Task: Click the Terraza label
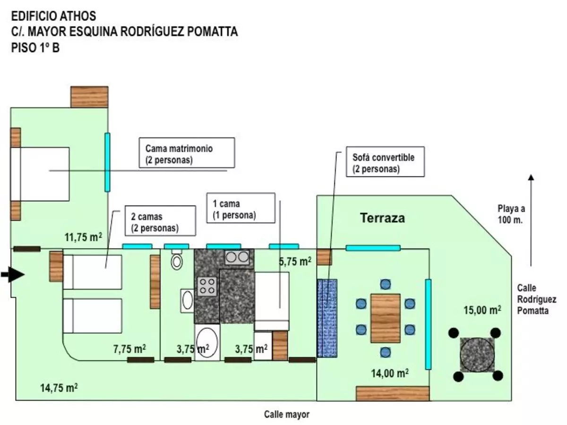(x=382, y=218)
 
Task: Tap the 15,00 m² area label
(x=482, y=310)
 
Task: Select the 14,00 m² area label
(x=390, y=373)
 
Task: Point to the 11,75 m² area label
(x=83, y=237)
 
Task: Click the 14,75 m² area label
(x=59, y=388)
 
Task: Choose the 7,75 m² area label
(x=129, y=349)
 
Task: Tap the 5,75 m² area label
(x=295, y=262)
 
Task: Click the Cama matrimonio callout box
(x=187, y=153)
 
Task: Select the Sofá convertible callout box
(x=385, y=162)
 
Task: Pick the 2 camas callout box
(x=160, y=221)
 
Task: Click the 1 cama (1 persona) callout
(x=241, y=208)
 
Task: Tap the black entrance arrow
(x=13, y=274)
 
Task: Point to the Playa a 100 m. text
(x=511, y=214)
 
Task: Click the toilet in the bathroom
(x=177, y=260)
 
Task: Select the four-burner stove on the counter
(x=207, y=287)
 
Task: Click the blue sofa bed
(x=327, y=318)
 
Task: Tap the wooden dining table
(x=386, y=318)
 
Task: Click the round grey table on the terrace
(x=477, y=355)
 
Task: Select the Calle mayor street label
(x=286, y=414)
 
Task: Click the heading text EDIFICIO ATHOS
(x=54, y=16)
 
